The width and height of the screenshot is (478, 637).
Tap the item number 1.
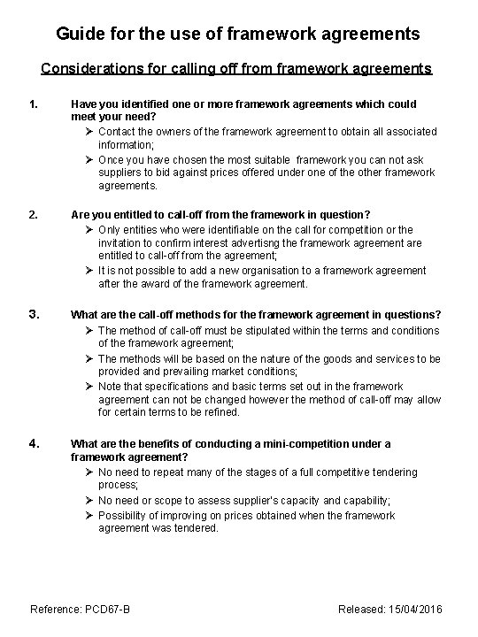click(35, 104)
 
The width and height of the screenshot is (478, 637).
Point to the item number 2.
click(35, 214)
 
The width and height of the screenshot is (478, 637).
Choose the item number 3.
click(35, 313)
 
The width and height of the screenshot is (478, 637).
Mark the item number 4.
click(35, 443)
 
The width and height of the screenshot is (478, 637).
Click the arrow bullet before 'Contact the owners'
click(90, 132)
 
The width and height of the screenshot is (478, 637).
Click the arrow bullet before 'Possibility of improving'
click(90, 515)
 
